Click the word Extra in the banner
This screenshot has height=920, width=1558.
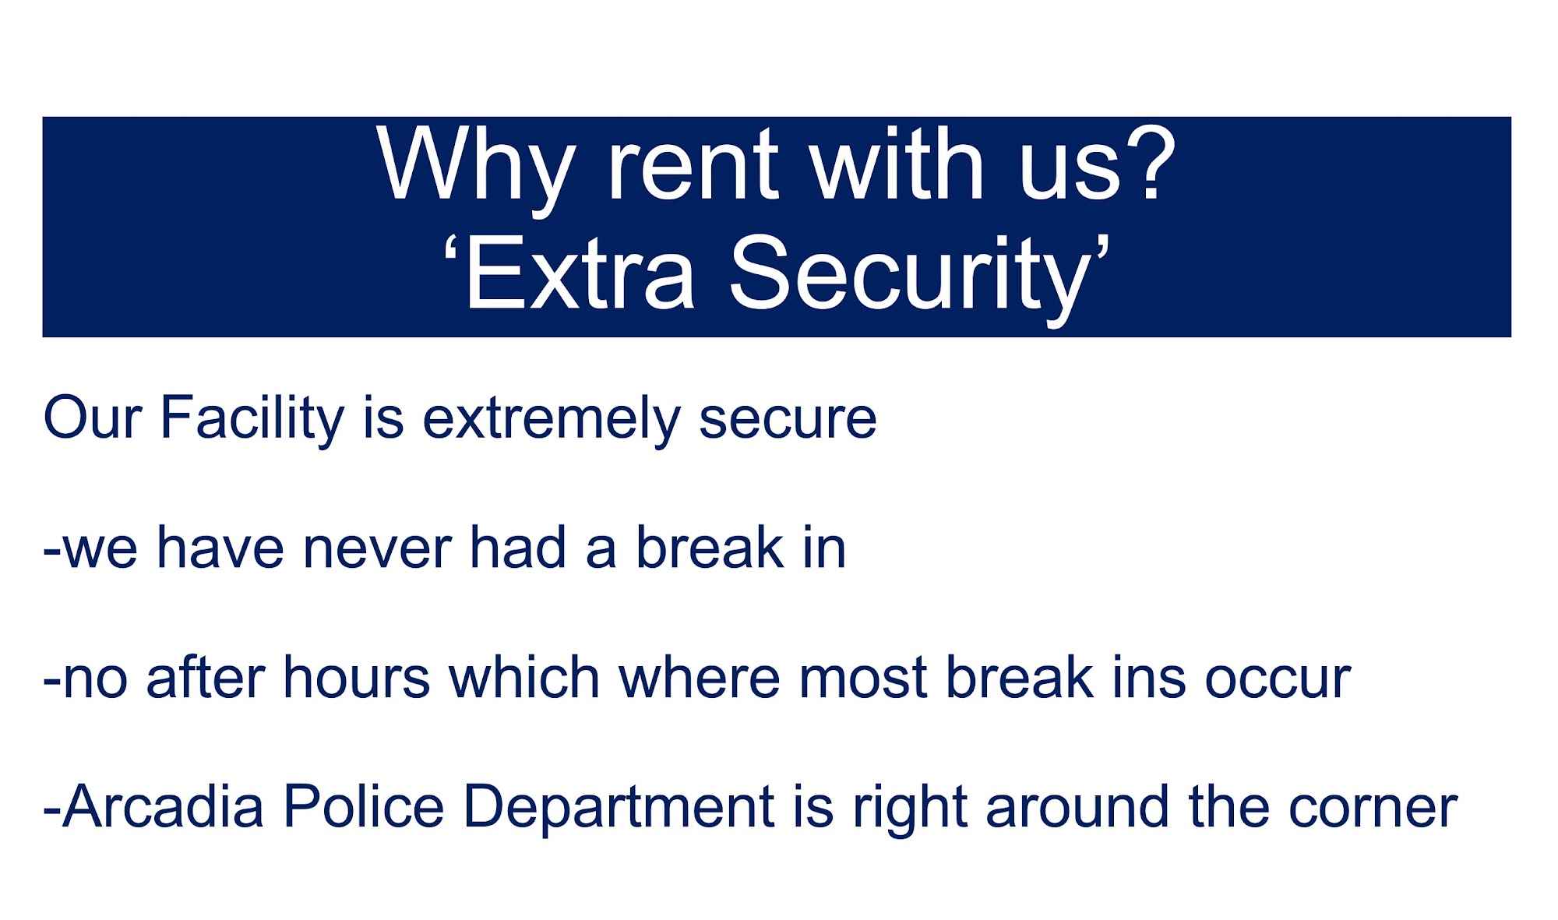click(580, 273)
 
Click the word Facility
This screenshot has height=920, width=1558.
click(252, 419)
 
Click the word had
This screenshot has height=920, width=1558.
click(517, 548)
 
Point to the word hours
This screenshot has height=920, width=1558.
click(357, 678)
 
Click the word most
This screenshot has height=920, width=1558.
click(862, 679)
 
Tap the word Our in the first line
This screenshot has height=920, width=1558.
click(93, 418)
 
